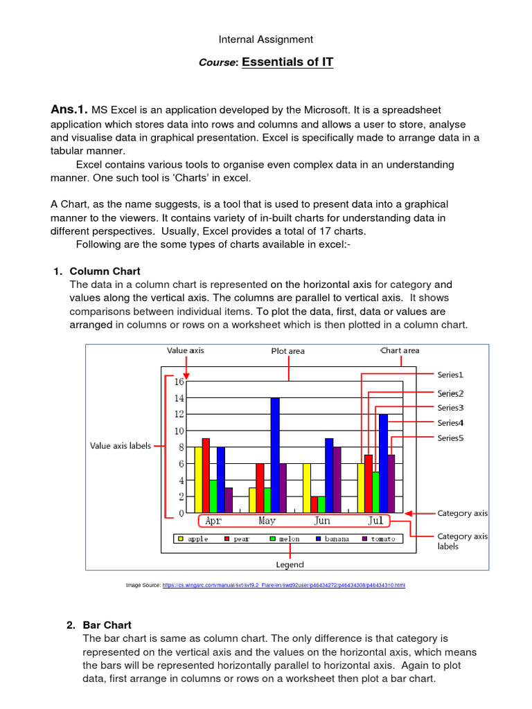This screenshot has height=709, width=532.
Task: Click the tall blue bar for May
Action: pyautogui.click(x=275, y=455)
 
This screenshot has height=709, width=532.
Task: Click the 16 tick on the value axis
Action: pyautogui.click(x=179, y=382)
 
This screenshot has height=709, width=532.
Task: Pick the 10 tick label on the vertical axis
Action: pyautogui.click(x=179, y=431)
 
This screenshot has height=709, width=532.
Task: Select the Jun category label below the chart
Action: pyautogui.click(x=322, y=521)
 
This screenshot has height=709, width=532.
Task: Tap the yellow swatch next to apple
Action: pyautogui.click(x=181, y=539)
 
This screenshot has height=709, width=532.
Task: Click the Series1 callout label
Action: pyautogui.click(x=450, y=375)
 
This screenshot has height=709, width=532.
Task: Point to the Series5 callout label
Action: pyautogui.click(x=450, y=438)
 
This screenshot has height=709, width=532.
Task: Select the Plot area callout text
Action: pyautogui.click(x=287, y=351)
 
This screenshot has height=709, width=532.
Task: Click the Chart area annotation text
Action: pyautogui.click(x=400, y=350)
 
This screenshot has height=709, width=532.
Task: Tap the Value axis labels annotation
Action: pyautogui.click(x=121, y=446)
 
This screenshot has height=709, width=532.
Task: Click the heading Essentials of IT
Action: pyautogui.click(x=287, y=62)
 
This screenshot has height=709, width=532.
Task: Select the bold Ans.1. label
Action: pyautogui.click(x=69, y=109)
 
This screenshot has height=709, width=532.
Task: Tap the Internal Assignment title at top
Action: pyautogui.click(x=266, y=39)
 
